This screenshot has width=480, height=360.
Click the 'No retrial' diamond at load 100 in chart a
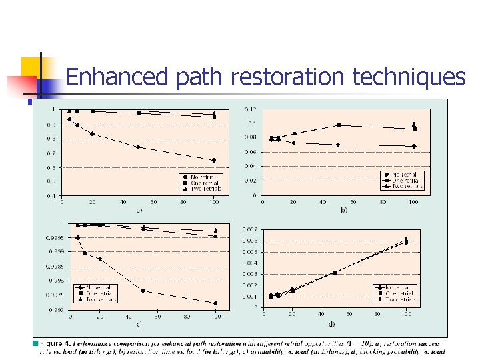pos(213,160)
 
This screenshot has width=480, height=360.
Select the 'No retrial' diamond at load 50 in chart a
pos(138,147)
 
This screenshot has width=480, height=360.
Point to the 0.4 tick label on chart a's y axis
pos(51,195)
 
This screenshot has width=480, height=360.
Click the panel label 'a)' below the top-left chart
pos(139,210)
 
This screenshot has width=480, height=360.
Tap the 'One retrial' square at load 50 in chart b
pos(339,125)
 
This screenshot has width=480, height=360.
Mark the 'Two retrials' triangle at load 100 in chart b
pos(413,124)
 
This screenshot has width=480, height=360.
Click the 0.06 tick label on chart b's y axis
pos(249,152)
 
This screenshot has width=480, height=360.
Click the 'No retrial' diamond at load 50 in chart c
pos(143,291)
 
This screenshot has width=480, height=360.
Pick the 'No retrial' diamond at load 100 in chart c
pos(215,303)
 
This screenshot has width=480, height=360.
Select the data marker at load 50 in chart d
pos(335,272)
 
